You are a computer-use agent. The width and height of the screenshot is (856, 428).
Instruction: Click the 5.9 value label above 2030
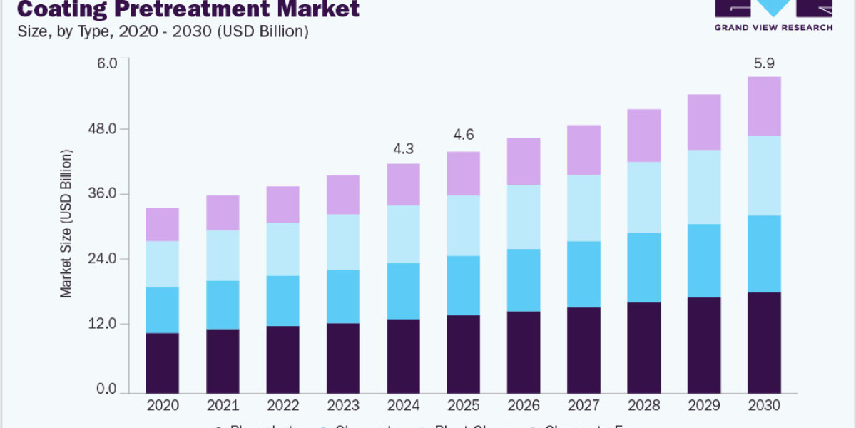[x=764, y=63]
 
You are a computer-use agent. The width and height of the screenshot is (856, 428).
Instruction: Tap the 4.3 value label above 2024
[x=403, y=149]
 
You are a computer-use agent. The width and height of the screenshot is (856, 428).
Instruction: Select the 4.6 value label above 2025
[x=464, y=135]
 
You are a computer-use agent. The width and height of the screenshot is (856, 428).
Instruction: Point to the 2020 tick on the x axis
[x=162, y=405]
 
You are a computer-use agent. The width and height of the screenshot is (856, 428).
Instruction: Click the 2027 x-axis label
[x=584, y=405]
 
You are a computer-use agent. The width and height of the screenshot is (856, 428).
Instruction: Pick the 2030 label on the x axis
[x=764, y=405]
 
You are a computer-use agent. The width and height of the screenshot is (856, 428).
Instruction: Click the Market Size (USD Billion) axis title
[x=66, y=223]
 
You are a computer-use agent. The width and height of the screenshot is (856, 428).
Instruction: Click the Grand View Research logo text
[x=774, y=27]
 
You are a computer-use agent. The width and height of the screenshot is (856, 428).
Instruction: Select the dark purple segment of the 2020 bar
[x=162, y=362]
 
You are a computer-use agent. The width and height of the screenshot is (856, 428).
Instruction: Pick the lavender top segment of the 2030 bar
[x=764, y=106]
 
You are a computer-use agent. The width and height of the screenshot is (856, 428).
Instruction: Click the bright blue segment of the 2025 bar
[x=464, y=285]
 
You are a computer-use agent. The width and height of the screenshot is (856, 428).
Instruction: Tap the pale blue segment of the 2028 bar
[x=644, y=198]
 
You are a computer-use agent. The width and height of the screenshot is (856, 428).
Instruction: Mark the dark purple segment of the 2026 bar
[x=524, y=352]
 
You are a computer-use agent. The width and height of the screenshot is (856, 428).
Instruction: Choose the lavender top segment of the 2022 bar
[x=282, y=205]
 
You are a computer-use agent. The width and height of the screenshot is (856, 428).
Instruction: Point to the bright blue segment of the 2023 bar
[x=343, y=297]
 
